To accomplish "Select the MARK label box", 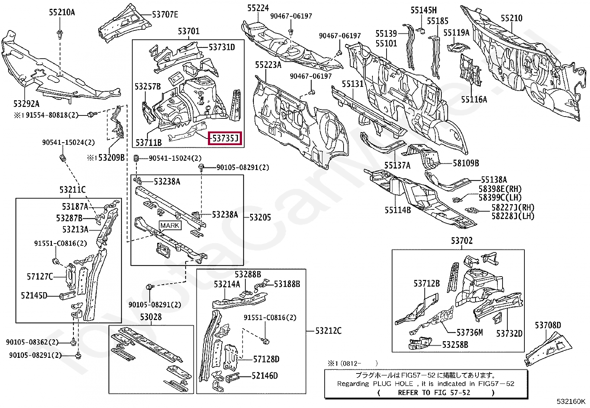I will [x=170, y=225].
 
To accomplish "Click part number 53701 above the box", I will [x=188, y=31].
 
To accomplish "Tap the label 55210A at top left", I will [x=62, y=12].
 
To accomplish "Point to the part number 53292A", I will [x=26, y=104].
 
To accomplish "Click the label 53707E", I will [x=165, y=15].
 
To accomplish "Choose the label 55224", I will [x=258, y=8].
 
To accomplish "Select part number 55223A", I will [x=268, y=65].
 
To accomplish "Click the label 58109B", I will [x=466, y=163].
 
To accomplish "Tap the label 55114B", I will [x=397, y=210].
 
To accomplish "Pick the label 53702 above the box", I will [x=461, y=241].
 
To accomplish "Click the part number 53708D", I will [x=547, y=325].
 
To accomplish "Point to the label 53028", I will [x=151, y=317].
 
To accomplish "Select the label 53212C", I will [x=328, y=331].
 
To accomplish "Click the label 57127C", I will [x=40, y=277].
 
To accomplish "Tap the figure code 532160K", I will [x=571, y=401].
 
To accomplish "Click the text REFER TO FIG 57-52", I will [x=434, y=392].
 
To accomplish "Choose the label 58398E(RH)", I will [x=500, y=189].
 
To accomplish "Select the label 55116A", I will [x=474, y=99].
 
